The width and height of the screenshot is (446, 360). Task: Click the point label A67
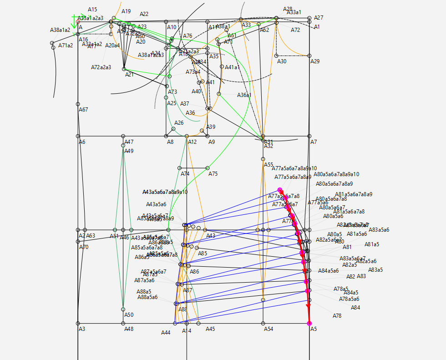pos(83,110)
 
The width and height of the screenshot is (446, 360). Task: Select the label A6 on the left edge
pos(82,142)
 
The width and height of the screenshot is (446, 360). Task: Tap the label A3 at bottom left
pos(82,329)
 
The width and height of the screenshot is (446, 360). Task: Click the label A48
pos(129,329)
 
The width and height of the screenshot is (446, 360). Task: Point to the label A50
pos(129,315)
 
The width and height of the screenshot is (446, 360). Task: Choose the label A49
pos(129,151)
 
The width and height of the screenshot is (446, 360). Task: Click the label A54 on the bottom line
pos(269,329)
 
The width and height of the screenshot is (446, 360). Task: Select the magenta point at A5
pos(309,323)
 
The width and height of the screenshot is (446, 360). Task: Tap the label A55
pos(269,165)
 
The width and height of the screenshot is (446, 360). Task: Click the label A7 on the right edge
pos(314,142)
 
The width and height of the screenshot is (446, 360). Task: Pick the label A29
pos(315,61)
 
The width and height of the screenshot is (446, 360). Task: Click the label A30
pos(282,61)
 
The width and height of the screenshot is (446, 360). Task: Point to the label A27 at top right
pos(319,18)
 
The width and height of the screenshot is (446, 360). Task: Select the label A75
pos(213,174)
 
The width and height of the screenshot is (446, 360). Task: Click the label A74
pos(185,174)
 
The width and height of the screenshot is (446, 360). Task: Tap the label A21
pos(129,75)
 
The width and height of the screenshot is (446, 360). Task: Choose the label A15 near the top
pos(92,10)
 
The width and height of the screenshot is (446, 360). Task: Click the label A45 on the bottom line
pos(210,329)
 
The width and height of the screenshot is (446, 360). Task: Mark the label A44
pos(166,333)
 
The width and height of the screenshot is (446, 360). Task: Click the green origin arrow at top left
pos(74,21)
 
